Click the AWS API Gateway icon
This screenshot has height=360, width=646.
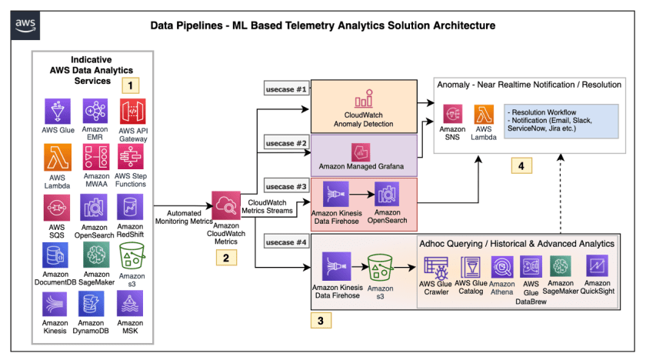point(132,112)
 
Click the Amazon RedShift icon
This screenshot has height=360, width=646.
point(132,208)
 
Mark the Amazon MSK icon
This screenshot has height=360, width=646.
point(132,305)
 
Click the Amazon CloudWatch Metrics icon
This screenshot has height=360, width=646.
point(225,206)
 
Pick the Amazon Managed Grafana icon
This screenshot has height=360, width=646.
point(362,152)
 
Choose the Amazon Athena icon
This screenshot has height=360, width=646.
point(501,267)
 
